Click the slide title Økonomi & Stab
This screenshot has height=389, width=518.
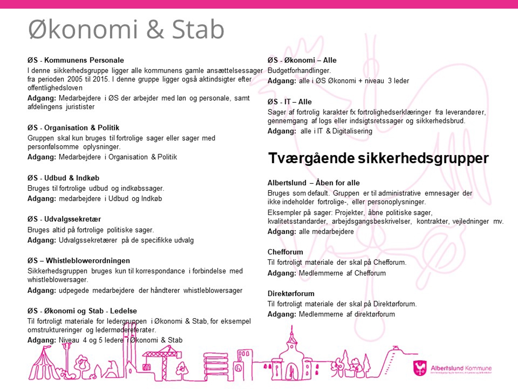126,30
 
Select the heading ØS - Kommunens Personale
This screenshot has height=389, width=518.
76,60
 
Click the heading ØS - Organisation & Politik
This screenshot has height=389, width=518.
73,128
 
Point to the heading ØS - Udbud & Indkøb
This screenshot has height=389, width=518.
63,178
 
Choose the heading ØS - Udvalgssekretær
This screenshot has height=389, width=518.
64,219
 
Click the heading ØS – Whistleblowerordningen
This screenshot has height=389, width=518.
78,261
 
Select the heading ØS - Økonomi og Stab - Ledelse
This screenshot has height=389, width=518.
82,311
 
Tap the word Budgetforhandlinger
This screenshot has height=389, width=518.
299,70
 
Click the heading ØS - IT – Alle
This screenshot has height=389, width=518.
289,102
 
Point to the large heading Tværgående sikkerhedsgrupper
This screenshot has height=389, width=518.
378,158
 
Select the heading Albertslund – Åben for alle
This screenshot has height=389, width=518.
313,183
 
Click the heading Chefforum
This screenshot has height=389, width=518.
285,252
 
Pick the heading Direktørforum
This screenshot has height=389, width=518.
291,294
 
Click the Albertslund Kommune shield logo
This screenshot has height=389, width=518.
420,368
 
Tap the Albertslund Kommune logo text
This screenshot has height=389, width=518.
461,368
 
